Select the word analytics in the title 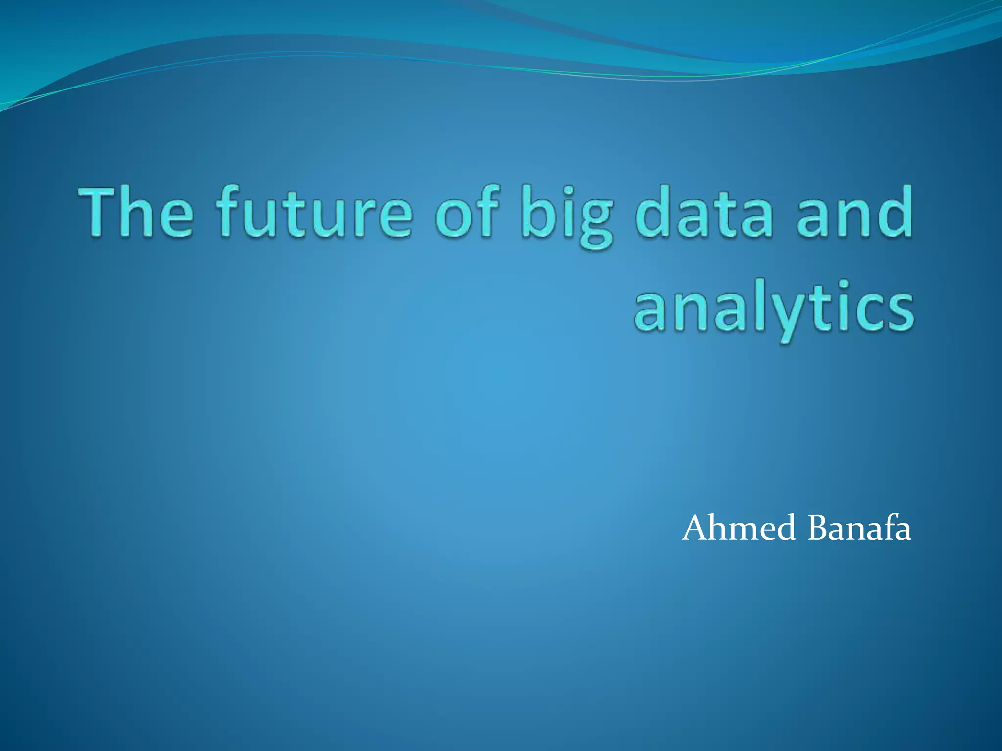(x=773, y=308)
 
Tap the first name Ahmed (x=739, y=529)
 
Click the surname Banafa (x=859, y=529)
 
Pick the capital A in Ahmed (x=698, y=529)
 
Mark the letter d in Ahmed (x=786, y=529)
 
